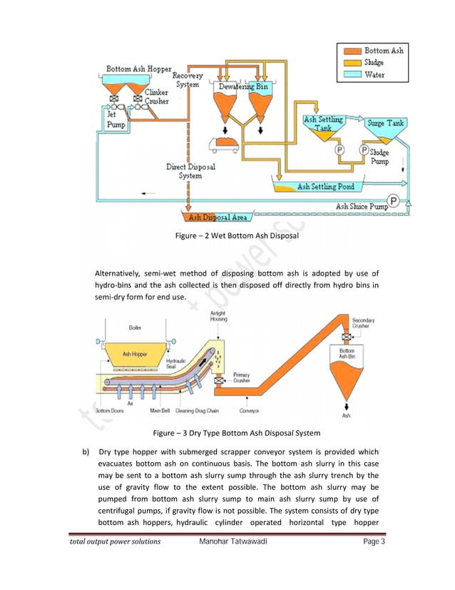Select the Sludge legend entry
pos(374,62)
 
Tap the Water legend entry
pos(374,73)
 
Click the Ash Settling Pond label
pos(324,187)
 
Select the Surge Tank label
pos(385,123)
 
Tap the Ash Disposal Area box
pos(215,216)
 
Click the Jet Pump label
pos(116,118)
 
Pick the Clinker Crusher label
pos(156,96)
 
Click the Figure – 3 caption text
pos(227,433)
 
